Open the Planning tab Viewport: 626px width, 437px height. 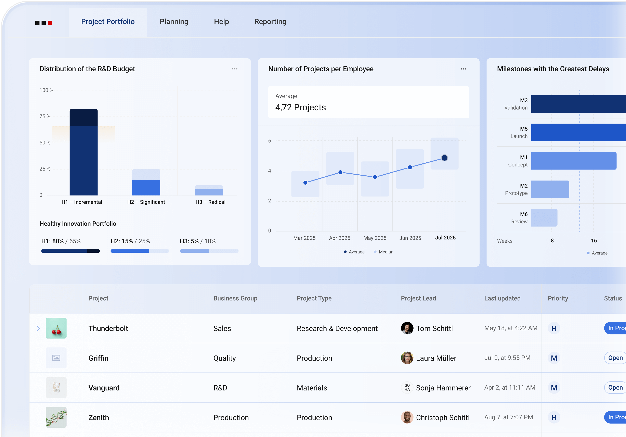(174, 22)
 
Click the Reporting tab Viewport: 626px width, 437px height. (270, 22)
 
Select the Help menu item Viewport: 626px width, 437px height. (221, 22)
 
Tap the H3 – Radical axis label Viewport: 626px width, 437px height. (210, 202)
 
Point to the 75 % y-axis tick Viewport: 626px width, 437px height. (45, 116)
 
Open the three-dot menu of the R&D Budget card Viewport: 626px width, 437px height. (235, 69)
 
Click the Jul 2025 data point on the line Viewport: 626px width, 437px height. (444, 158)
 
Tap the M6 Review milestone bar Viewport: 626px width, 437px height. (544, 218)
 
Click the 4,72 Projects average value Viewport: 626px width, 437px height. (300, 108)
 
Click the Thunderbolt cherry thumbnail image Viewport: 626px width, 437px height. (56, 328)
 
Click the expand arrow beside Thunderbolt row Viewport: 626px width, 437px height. (38, 328)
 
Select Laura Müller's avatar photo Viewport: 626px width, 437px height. (407, 358)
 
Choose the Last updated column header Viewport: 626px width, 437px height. (502, 298)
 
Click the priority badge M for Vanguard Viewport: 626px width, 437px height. (554, 388)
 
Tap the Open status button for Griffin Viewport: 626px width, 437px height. (615, 358)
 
